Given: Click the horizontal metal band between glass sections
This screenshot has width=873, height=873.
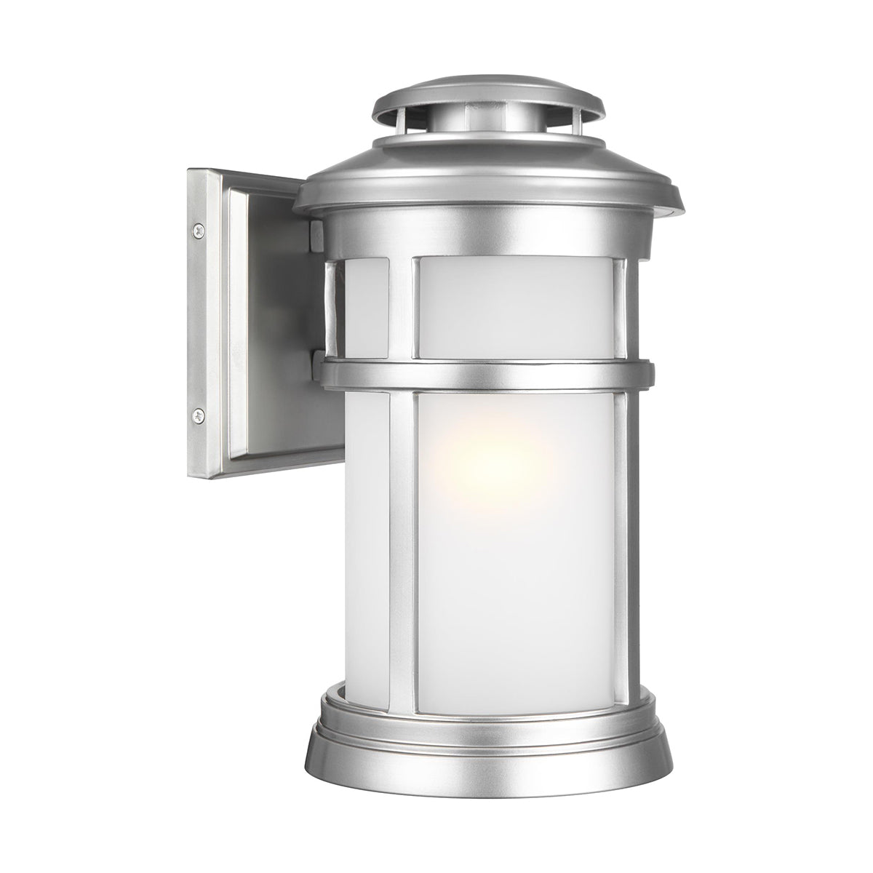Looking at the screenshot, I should point(487,373).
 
